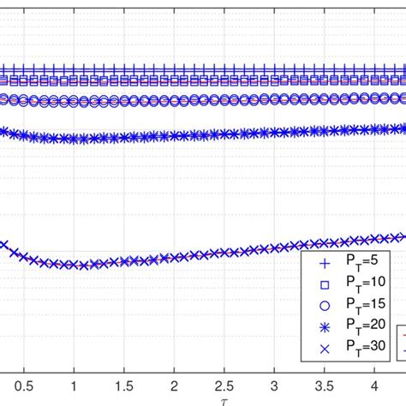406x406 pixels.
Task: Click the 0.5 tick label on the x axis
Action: pos(25,385)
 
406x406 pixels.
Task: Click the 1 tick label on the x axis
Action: pos(75,385)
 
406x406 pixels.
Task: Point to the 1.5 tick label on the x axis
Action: pos(124,385)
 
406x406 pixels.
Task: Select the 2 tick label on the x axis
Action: pos(174,385)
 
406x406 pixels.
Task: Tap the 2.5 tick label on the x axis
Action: pos(224,385)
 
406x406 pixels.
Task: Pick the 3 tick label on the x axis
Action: pos(273,385)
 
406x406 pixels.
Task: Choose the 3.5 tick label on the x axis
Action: pos(323,385)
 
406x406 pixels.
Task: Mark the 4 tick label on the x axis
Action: pos(373,385)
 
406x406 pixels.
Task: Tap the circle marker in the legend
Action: pos(323,305)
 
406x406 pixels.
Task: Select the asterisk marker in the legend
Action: pos(323,325)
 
